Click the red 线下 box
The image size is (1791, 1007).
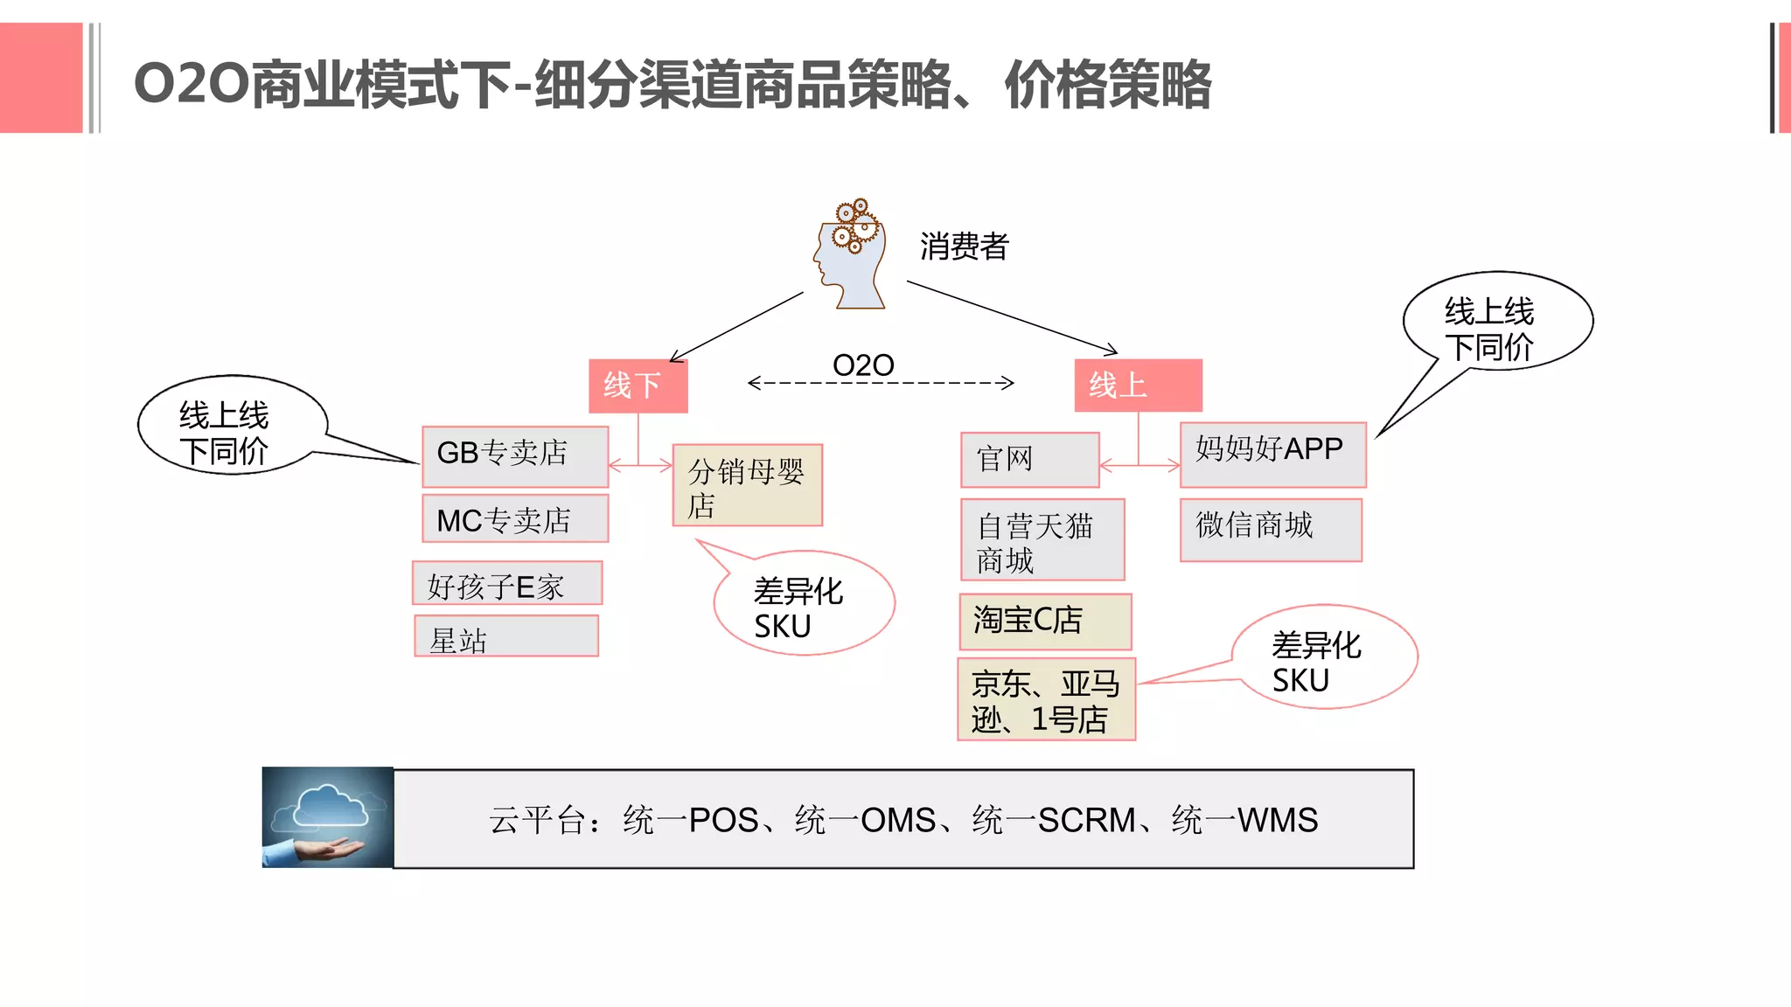pos(638,385)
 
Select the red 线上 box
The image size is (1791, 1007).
pos(1137,385)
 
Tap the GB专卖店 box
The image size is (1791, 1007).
pos(515,455)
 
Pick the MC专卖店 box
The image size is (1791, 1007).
pos(515,519)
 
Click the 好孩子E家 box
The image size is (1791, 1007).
pos(507,584)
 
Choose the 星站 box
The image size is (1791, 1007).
pos(506,636)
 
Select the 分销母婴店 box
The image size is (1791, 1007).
pos(747,486)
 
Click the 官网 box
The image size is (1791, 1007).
pos(1029,460)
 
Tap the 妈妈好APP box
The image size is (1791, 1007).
pos(1272,455)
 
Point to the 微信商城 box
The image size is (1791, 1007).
pos(1271,530)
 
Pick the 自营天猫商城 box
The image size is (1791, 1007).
pos(1042,540)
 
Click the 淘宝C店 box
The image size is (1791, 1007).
pos(1045,622)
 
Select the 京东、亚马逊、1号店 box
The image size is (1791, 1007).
pos(1046,699)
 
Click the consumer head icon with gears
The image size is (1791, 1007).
pos(849,254)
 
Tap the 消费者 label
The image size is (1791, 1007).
pos(964,247)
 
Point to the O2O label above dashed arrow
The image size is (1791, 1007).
pos(863,365)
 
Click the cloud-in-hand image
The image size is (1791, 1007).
pos(328,817)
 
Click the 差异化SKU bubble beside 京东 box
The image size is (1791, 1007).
pos(1323,657)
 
